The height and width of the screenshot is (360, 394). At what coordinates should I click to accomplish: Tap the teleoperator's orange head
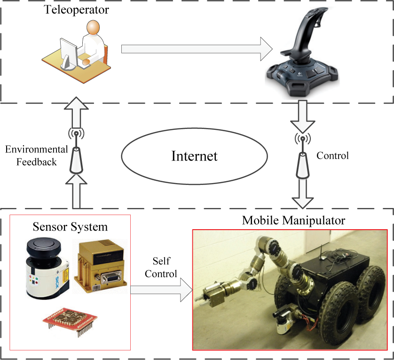pos(93,27)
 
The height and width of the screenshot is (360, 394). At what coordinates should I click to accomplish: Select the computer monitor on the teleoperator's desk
pos(68,54)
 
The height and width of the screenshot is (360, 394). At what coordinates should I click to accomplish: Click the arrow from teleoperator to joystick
pos(197,49)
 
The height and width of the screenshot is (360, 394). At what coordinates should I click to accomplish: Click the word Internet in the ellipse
pos(194,156)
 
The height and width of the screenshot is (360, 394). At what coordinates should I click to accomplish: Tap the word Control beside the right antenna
pos(332,155)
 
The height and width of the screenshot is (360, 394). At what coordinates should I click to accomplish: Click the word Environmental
pos(36,150)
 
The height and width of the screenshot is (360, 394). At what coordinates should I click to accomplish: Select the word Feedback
pos(36,162)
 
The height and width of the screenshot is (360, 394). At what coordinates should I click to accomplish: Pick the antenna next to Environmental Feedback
pos(76,152)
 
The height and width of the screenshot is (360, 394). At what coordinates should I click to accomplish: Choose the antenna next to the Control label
pos(302,156)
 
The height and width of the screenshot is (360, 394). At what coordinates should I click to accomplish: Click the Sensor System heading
pos(70,227)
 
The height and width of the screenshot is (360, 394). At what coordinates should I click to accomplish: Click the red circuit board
pos(70,320)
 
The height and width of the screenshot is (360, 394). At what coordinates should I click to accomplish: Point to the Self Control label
pos(161,267)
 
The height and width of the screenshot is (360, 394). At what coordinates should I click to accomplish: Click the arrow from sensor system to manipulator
pos(162,290)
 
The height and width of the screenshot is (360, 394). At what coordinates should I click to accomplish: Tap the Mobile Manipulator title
pos(293,220)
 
